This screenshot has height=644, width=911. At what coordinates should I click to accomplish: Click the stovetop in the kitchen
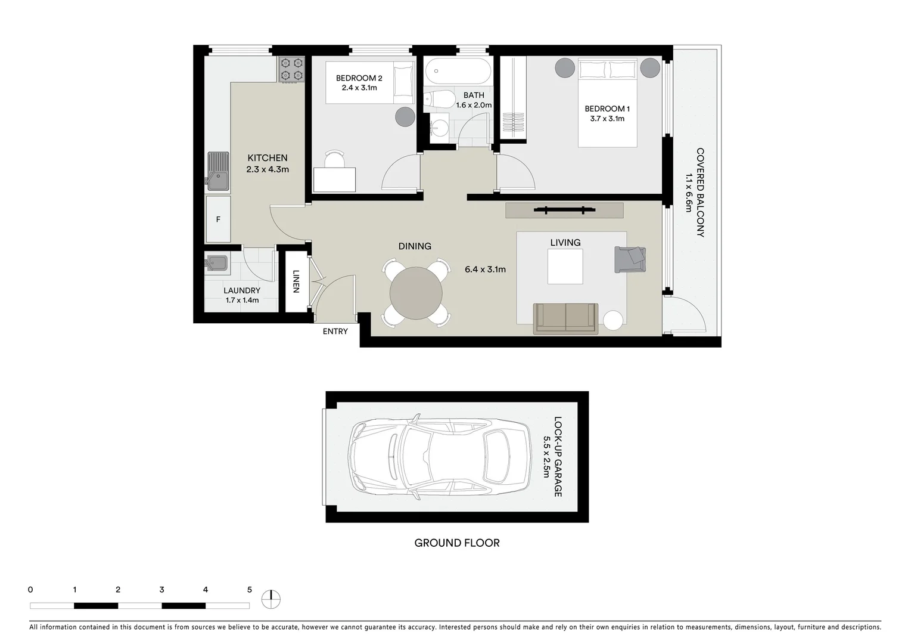tap(291, 69)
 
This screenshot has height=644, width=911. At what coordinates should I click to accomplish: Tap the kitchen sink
tap(218, 171)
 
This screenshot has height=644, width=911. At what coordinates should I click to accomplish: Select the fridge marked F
tap(218, 219)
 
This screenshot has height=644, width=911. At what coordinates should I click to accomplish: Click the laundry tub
tap(216, 263)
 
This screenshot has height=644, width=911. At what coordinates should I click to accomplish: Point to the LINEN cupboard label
tap(296, 281)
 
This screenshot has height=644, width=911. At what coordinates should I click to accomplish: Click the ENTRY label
tap(335, 332)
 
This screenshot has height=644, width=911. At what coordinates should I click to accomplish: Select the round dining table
tap(416, 293)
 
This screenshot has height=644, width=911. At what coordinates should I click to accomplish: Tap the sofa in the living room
tap(565, 318)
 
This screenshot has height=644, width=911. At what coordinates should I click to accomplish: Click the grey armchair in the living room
tap(630, 259)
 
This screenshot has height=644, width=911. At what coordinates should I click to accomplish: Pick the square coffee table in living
tap(565, 267)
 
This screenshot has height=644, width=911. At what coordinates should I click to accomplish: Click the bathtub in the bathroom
tap(458, 72)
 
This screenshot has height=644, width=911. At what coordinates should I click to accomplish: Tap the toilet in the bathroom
tap(437, 100)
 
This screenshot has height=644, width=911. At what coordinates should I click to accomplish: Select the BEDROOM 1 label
tap(607, 109)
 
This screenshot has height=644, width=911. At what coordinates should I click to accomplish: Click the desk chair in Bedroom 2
tap(334, 160)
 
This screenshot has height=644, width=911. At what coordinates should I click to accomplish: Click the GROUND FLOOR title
tap(457, 543)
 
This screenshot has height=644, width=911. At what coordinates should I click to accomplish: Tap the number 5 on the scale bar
tap(249, 590)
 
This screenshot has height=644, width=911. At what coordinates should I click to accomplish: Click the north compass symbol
tap(271, 599)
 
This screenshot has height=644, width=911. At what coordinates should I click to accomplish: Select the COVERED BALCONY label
tap(700, 193)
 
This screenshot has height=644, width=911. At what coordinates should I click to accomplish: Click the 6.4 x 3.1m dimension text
tap(485, 270)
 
